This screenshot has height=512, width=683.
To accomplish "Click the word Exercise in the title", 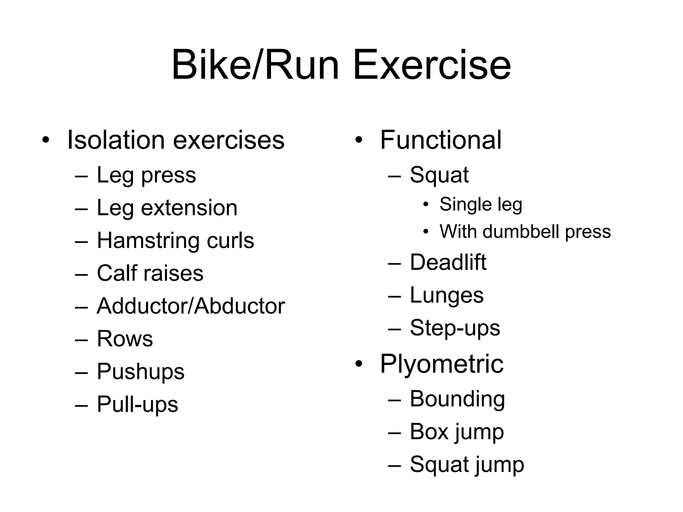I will click(432, 65).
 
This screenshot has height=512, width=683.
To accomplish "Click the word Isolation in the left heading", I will click(116, 140).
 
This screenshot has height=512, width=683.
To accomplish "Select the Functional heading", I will click(441, 140).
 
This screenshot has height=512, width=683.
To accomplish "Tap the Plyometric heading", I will click(442, 364).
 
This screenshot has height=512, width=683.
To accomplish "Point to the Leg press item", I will click(146, 175).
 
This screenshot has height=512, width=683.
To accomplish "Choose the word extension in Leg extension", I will click(189, 208).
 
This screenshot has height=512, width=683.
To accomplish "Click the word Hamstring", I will click(147, 241).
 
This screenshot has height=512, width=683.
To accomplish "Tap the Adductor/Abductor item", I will click(190, 306).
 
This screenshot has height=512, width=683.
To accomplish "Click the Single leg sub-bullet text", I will click(481, 205).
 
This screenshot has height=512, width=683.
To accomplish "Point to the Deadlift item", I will click(448, 262).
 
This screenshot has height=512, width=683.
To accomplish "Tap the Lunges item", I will click(447, 295).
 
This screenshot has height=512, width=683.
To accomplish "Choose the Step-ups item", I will click(455, 328).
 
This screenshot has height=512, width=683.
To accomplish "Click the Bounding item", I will click(457, 399).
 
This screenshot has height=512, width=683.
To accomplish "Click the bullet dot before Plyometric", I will click(359, 364).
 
